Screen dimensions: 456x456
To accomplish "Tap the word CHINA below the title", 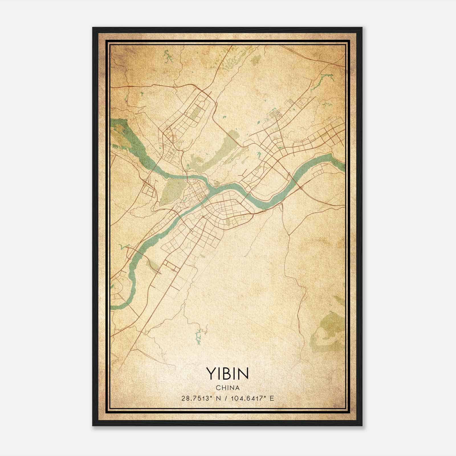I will coord(227,388).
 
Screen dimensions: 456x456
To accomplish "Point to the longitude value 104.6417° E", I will coord(251,398).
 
